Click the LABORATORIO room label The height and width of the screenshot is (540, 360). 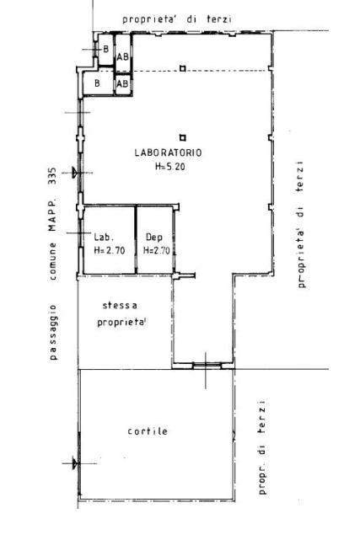[x=168, y=152]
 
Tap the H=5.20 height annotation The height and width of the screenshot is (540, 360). [x=170, y=167]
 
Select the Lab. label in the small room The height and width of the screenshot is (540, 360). [x=104, y=237]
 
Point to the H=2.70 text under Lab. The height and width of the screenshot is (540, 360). [x=110, y=250]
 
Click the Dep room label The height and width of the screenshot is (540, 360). [x=154, y=238]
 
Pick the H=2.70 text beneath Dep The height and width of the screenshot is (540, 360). [x=157, y=250]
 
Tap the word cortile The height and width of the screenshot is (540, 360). [x=148, y=431]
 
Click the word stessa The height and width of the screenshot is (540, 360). [x=120, y=306]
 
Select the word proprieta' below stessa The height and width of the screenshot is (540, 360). [x=122, y=323]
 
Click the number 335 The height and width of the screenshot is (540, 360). [x=52, y=176]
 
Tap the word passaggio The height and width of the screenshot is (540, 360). [x=53, y=332]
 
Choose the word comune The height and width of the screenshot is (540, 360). [x=52, y=260]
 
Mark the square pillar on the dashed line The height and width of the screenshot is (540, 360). [x=183, y=68]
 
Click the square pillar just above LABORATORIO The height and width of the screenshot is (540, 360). [x=183, y=138]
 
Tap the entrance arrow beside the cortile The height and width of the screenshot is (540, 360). [x=73, y=462]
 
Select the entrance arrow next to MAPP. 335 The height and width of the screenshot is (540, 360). [x=73, y=172]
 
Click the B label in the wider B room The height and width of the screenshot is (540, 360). [x=97, y=83]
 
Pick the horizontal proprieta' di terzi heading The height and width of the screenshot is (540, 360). [x=177, y=19]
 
